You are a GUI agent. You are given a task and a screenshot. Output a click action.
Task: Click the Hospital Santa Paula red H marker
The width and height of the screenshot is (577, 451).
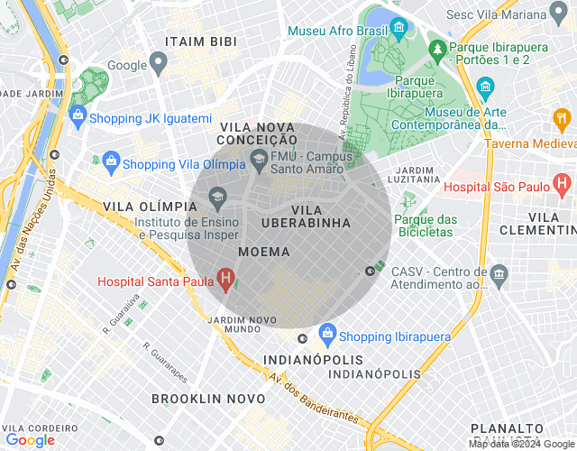pos(226,280)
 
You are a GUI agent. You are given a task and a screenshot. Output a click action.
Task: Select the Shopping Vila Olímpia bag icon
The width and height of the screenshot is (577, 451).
pos(110,163)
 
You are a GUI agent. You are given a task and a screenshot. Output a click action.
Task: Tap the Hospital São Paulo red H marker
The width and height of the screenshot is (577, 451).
pos(563,187)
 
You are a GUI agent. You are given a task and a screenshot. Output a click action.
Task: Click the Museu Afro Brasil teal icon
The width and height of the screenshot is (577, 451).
pos(398,31)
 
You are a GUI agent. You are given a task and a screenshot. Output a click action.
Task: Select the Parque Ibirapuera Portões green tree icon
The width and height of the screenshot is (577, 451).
pos(437,48)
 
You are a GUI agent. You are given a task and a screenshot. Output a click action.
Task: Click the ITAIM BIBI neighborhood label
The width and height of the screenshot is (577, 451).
pos(200,41)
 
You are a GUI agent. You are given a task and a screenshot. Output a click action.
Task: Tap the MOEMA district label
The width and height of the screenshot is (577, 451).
pos(264,252)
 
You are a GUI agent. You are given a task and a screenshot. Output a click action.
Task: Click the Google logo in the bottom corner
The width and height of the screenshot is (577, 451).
pos(30,440)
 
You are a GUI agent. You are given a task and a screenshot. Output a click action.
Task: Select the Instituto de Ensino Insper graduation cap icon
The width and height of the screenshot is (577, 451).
pos(216,197)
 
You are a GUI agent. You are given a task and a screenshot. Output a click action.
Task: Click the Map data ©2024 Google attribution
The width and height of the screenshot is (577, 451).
pos(521,444)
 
